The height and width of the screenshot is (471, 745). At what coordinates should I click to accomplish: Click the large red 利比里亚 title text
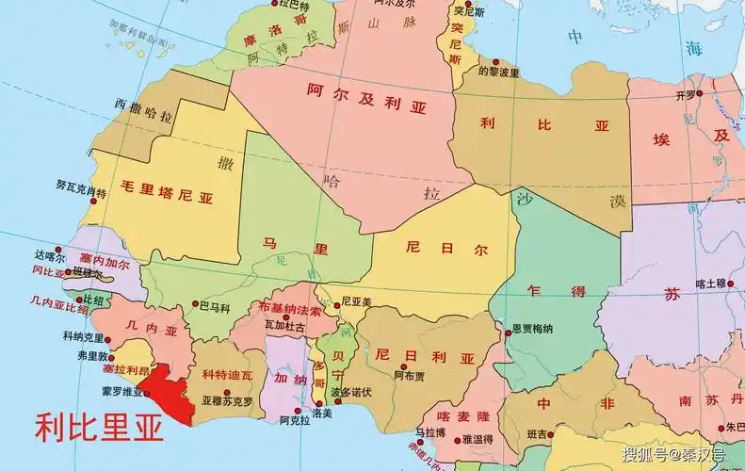tap(99, 429)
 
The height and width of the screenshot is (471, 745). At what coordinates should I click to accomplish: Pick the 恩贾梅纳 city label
tap(532, 329)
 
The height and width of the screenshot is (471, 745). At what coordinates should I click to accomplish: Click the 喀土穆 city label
tap(712, 283)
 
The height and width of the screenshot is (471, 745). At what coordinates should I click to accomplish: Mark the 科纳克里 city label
tap(84, 336)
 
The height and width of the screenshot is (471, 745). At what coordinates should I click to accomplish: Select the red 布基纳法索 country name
tap(290, 308)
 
